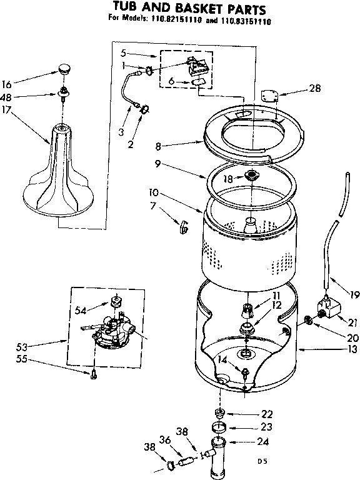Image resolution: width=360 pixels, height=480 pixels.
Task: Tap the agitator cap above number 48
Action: pyautogui.click(x=63, y=67)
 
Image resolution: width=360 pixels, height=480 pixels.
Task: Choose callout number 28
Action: pyautogui.click(x=315, y=89)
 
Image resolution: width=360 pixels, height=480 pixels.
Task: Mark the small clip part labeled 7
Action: pyautogui.click(x=184, y=227)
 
